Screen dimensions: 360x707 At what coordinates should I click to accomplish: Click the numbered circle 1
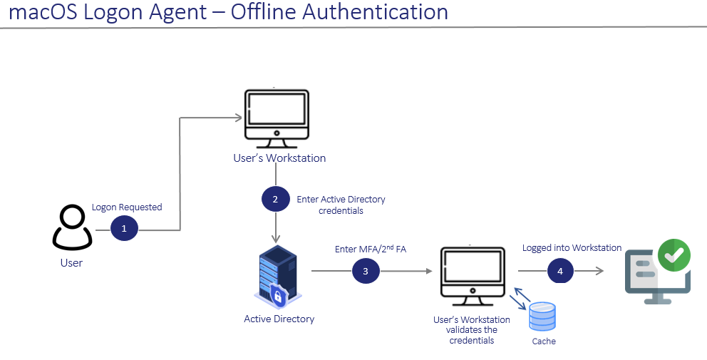pyautogui.click(x=124, y=230)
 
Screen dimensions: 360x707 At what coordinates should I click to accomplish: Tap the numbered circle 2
pyautogui.click(x=275, y=200)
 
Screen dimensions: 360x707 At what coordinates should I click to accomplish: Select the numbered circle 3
pyautogui.click(x=366, y=271)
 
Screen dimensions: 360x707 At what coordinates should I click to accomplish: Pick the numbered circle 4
pyautogui.click(x=560, y=271)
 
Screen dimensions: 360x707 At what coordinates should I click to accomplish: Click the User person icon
pyautogui.click(x=72, y=227)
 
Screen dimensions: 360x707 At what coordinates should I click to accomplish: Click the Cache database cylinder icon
pyautogui.click(x=542, y=316)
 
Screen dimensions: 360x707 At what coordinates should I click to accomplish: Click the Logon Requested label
pyautogui.click(x=127, y=207)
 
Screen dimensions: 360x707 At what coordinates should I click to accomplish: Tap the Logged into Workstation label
pyautogui.click(x=572, y=248)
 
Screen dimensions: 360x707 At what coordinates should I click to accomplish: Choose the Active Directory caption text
pyautogui.click(x=279, y=319)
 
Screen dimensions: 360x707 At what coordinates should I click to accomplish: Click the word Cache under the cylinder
pyautogui.click(x=544, y=341)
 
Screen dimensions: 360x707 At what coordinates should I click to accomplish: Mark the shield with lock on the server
pyautogui.click(x=278, y=294)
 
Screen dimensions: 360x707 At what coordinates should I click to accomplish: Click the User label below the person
pyautogui.click(x=71, y=263)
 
